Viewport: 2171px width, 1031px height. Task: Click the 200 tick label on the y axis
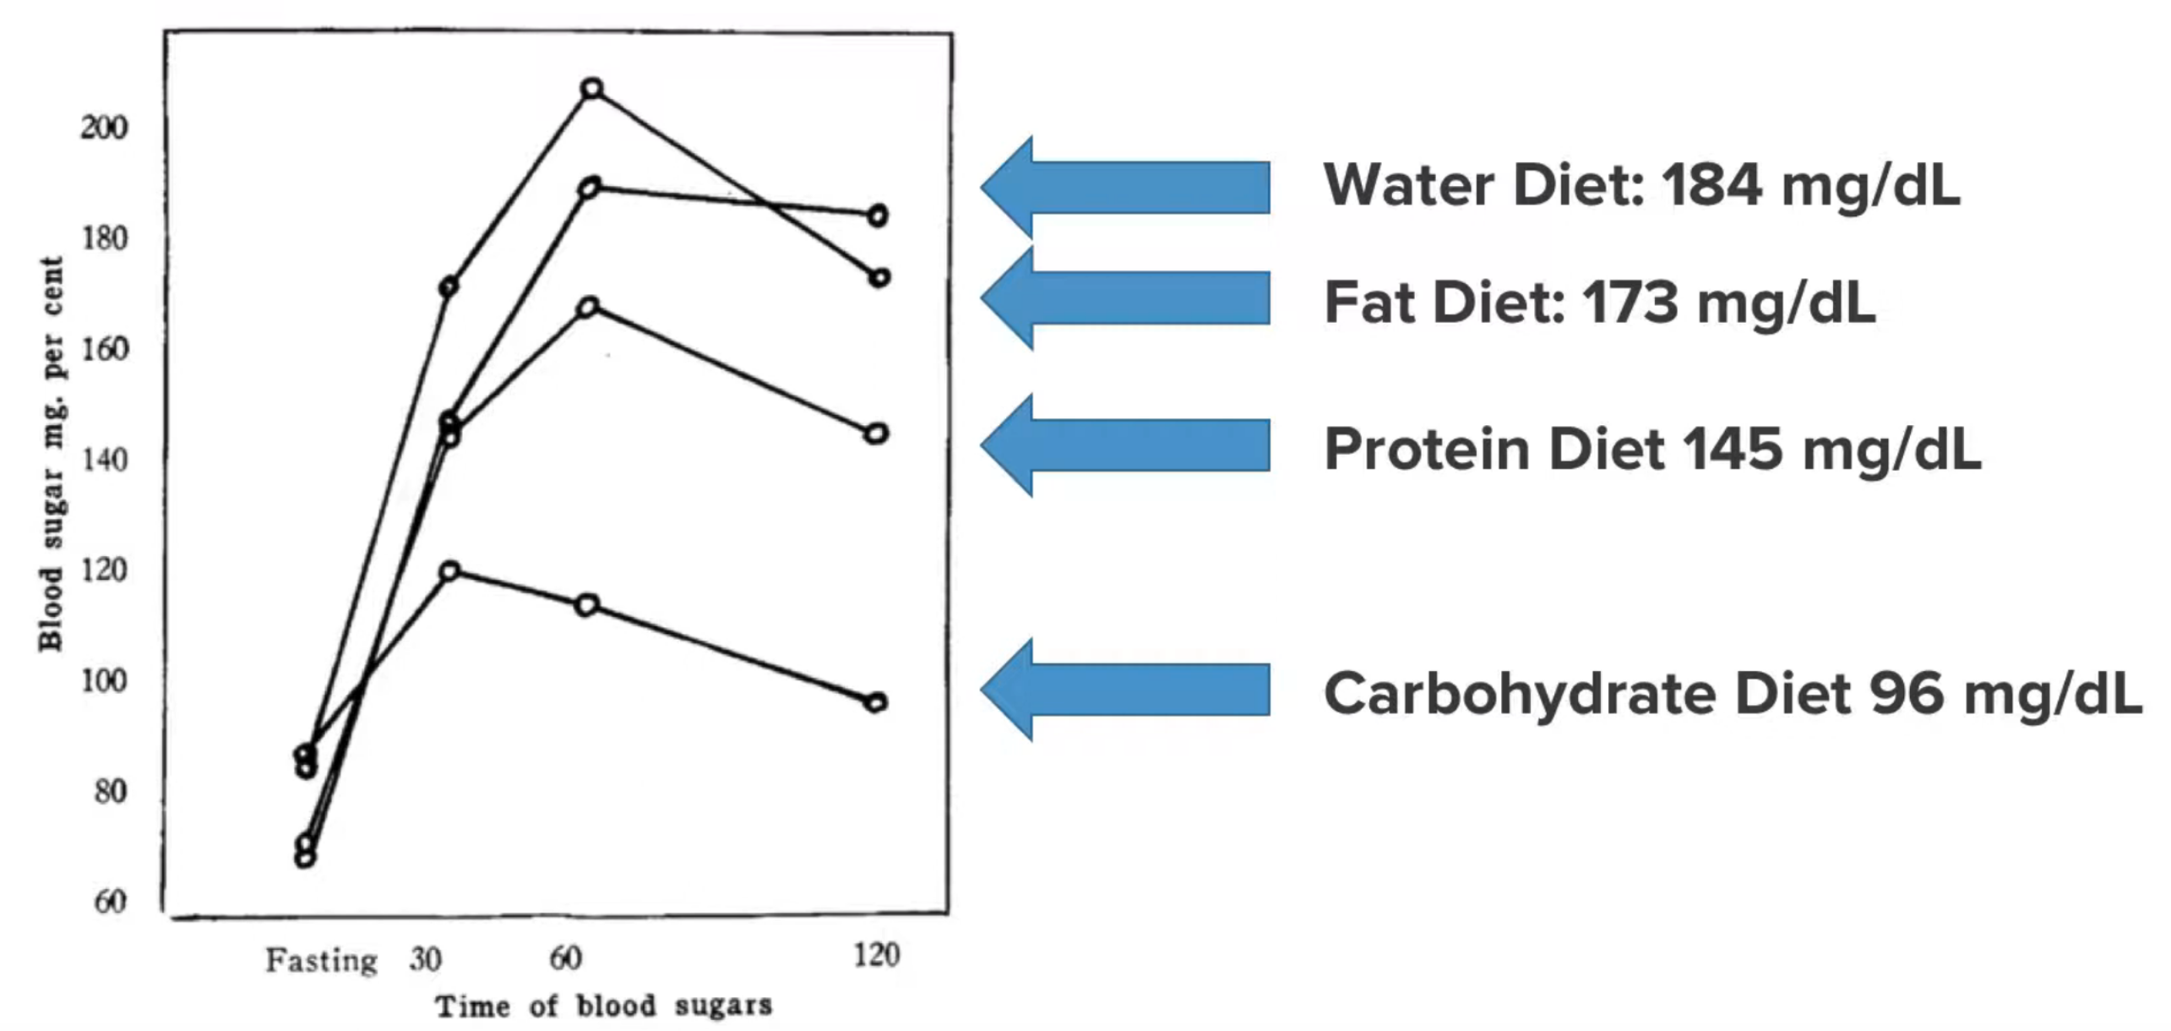point(104,128)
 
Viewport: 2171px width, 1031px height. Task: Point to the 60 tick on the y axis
point(110,902)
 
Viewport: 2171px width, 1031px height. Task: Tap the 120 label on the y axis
point(104,570)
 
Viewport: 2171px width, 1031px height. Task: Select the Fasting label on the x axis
point(321,961)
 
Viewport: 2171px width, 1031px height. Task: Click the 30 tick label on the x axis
point(425,959)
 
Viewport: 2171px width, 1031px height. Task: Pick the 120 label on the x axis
point(876,956)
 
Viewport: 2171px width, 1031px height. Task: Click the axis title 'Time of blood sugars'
point(603,1006)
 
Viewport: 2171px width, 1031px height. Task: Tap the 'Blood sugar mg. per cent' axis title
point(51,454)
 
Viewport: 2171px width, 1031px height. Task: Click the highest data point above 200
point(592,89)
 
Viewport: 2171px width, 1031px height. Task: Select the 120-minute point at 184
point(878,215)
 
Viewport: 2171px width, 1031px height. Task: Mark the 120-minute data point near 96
point(876,702)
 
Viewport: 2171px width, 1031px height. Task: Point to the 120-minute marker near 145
point(876,434)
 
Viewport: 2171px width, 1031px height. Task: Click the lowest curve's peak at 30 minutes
point(450,571)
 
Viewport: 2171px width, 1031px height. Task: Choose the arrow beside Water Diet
point(1125,187)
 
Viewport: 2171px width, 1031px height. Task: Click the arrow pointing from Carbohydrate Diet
point(1125,690)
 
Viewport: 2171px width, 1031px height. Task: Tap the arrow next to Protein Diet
point(1125,445)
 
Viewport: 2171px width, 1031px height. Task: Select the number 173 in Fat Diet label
point(1630,303)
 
